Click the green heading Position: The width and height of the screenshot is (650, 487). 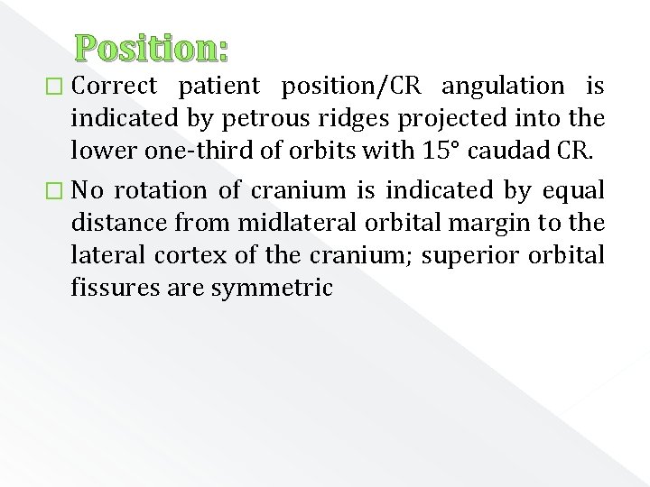[152, 48]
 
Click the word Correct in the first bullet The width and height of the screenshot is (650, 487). [114, 87]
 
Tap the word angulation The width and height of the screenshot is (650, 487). [503, 87]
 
